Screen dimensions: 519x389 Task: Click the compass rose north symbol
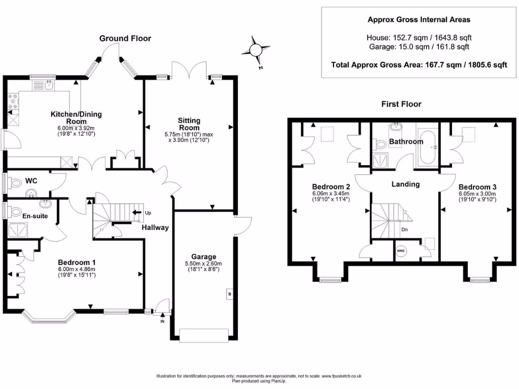255,51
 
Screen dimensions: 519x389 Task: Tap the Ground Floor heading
125,38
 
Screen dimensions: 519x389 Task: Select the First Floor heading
401,104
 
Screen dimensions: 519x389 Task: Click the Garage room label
204,257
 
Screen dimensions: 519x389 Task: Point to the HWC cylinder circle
401,251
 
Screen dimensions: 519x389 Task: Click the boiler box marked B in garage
230,294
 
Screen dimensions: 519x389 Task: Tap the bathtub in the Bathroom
427,147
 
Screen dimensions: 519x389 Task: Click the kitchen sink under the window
43,85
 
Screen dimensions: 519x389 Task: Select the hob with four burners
13,101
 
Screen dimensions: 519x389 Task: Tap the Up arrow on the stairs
137,212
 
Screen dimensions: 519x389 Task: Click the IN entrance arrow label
162,321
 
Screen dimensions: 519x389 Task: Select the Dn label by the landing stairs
404,229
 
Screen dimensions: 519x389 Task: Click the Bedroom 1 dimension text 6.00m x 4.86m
77,269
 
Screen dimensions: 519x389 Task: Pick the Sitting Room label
189,124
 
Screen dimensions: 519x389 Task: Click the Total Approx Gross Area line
419,65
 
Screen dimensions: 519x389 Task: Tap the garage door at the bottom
204,335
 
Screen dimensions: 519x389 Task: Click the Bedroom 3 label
477,187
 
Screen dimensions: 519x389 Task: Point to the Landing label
405,184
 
